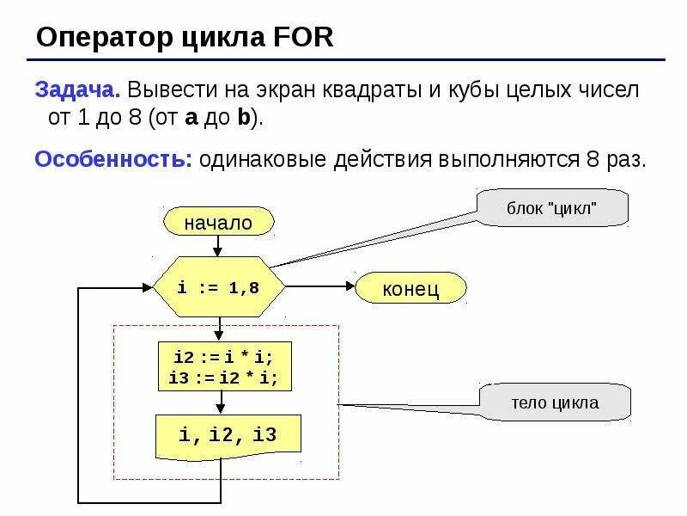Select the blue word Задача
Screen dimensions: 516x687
point(76,90)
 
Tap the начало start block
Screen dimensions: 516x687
point(218,222)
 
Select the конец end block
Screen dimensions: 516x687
point(410,289)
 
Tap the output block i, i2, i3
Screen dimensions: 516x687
point(228,435)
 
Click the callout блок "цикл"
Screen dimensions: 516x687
point(553,208)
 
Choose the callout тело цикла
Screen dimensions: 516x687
point(555,402)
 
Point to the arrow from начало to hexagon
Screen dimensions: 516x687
point(218,245)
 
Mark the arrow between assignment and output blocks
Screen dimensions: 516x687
point(222,401)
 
